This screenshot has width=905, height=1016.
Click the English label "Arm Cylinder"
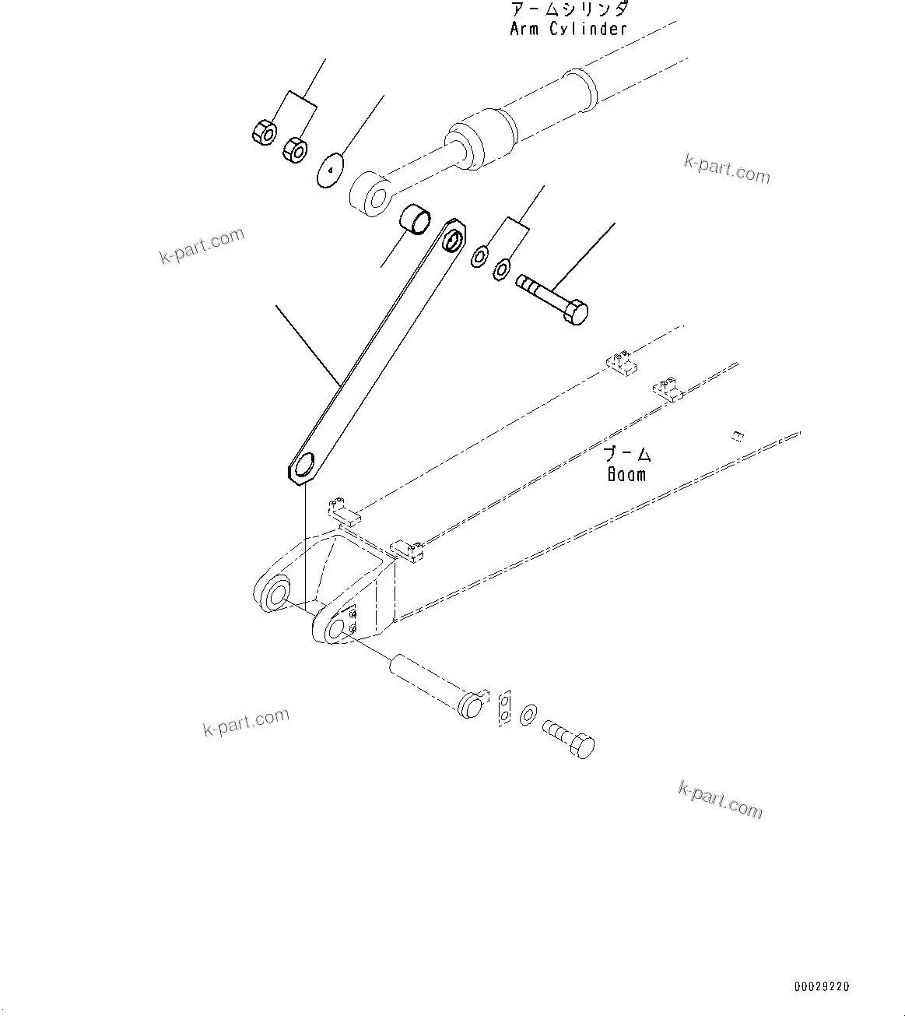568,29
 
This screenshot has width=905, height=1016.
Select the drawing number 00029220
822,986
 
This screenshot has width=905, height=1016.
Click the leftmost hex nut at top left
263,132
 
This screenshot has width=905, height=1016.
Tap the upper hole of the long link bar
451,243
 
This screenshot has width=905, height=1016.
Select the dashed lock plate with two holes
504,707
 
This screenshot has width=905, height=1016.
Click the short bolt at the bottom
571,737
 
